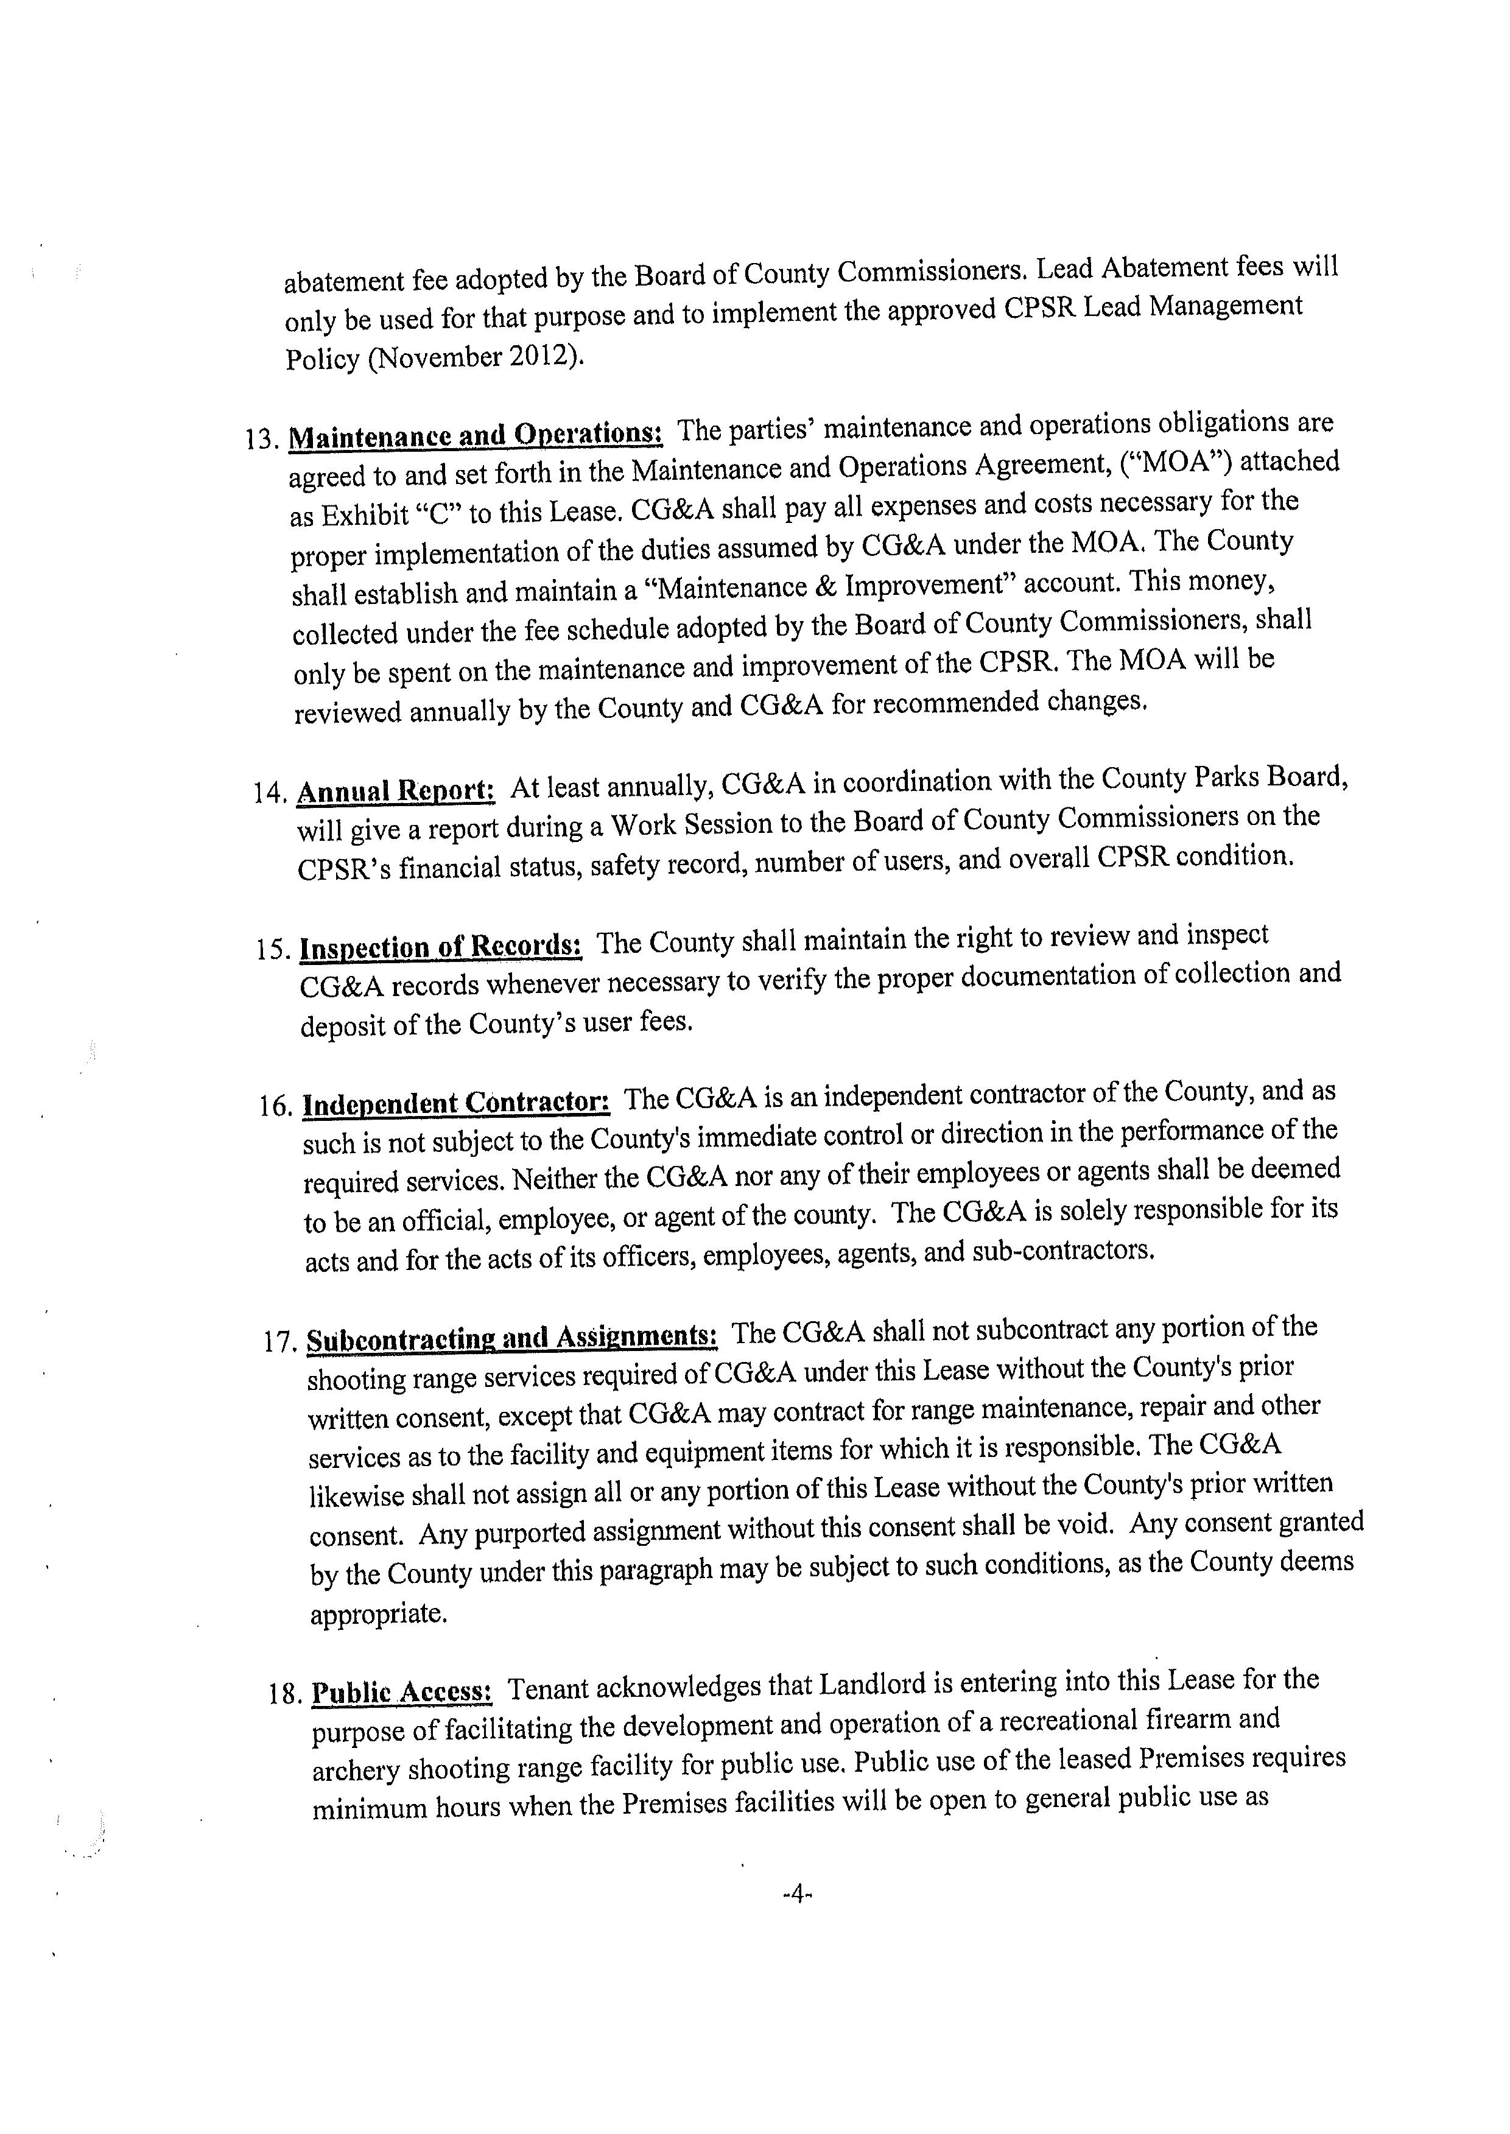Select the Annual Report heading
click(x=396, y=791)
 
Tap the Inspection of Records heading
click(x=441, y=947)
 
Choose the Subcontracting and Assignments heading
click(x=511, y=1338)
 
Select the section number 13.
click(x=262, y=439)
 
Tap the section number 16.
click(x=277, y=1106)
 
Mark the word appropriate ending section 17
click(x=379, y=1613)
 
